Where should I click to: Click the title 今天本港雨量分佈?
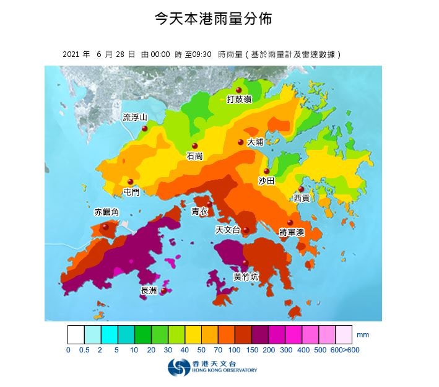[x=213, y=19]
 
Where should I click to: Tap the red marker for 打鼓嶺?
[x=238, y=90]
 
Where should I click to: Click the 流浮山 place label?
[x=135, y=117]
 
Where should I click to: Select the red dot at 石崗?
[x=194, y=146]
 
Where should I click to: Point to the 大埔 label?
[x=255, y=142]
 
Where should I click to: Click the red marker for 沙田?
[x=267, y=172]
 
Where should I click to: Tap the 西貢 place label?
[x=302, y=198]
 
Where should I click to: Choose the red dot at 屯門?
[x=131, y=182]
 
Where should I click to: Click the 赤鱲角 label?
[x=105, y=212]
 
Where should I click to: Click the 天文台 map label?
[x=227, y=230]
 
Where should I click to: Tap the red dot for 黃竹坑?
[x=245, y=263]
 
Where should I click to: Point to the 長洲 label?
[x=149, y=290]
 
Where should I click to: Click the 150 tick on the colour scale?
[x=251, y=350]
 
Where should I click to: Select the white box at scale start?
[x=76, y=334]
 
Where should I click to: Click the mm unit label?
[x=363, y=334]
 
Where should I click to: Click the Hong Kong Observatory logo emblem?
[x=176, y=368]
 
